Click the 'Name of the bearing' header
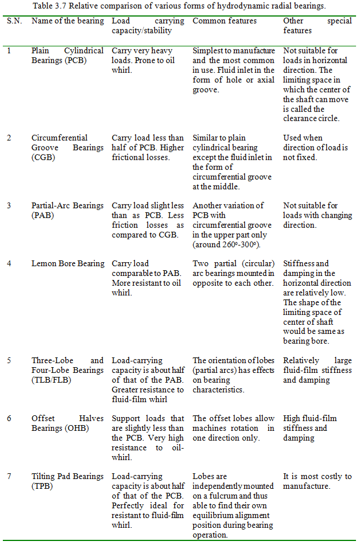point(67,21)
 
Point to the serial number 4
point(9,264)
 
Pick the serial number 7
point(9,476)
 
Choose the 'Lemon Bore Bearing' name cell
point(68,264)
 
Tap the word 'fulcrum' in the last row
point(224,496)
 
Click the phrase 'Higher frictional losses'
point(148,152)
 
